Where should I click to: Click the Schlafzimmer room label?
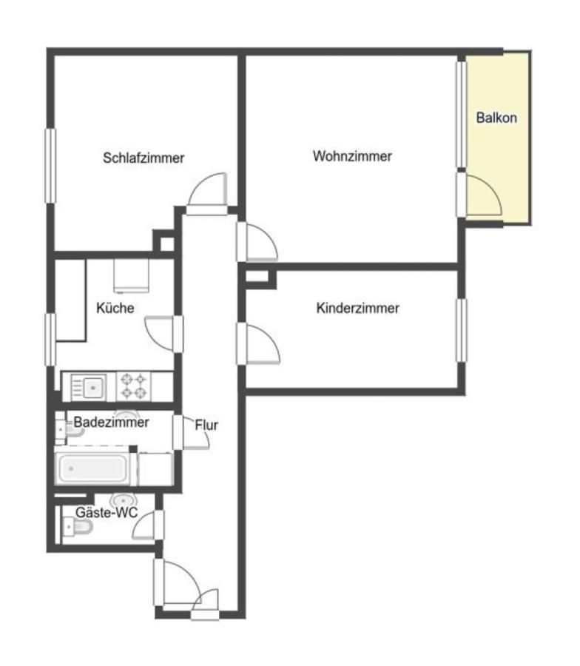(x=144, y=158)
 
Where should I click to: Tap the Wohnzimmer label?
(x=352, y=156)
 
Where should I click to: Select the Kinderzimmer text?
(x=357, y=308)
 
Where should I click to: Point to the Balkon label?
(x=496, y=118)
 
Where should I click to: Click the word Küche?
(x=115, y=308)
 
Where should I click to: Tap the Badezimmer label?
(x=111, y=423)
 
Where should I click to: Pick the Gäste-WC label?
(x=107, y=512)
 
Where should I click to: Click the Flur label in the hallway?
(x=206, y=425)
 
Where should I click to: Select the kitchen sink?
(x=88, y=387)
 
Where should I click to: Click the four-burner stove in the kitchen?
(x=133, y=386)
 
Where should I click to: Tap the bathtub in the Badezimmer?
(x=92, y=469)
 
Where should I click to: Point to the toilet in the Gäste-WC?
(x=77, y=528)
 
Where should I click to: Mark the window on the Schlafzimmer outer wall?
(x=50, y=166)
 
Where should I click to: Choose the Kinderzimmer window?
(x=462, y=331)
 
